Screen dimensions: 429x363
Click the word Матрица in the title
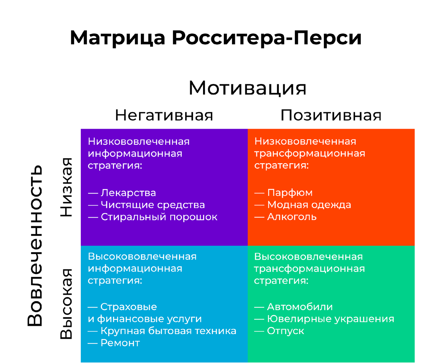[118, 38]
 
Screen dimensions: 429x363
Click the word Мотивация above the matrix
[247, 88]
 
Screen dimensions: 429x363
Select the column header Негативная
[164, 115]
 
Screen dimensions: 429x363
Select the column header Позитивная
[331, 115]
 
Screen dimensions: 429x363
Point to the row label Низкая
[66, 187]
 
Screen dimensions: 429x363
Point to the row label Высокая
[66, 304]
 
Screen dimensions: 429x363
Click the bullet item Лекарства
[128, 193]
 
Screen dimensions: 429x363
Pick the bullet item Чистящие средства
[153, 205]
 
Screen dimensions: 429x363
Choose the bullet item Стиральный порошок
[159, 217]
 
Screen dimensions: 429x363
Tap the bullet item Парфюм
[290, 193]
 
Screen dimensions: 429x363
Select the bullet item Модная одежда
[309, 205]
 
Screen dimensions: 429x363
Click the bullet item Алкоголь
[292, 217]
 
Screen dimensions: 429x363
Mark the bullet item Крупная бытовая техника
[168, 331]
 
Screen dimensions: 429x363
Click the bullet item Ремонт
[120, 343]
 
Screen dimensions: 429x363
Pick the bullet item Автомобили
[300, 307]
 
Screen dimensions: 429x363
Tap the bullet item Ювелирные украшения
[330, 319]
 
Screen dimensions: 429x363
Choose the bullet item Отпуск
[285, 331]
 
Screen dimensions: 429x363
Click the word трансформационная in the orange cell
[310, 154]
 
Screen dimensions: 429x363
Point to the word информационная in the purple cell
[135, 154]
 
